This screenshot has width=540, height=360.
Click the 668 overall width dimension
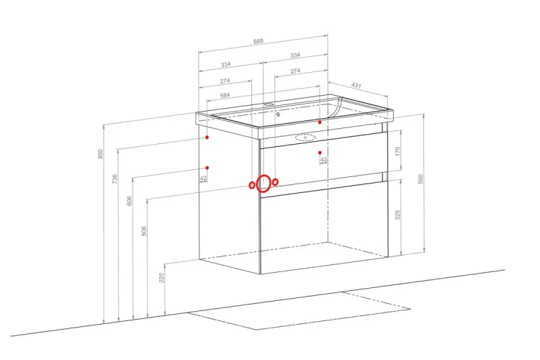[x=258, y=41]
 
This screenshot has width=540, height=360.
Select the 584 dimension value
[x=225, y=95]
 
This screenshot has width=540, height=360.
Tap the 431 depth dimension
[x=356, y=85]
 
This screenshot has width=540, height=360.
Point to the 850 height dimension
[x=101, y=153]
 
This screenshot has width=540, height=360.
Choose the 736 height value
[x=115, y=179]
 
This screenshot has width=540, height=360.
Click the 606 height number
[x=130, y=201]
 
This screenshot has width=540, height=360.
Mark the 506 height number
[x=144, y=231]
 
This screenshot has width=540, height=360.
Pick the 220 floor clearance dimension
[x=162, y=278]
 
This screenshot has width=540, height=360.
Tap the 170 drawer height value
[x=397, y=151]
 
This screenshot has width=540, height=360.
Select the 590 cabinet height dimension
[x=420, y=179]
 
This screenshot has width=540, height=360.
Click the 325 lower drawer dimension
[x=397, y=215]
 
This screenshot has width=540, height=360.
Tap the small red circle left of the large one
[x=252, y=185]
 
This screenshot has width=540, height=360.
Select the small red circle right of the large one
[x=275, y=182]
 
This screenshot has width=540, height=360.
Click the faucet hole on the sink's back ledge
[x=269, y=104]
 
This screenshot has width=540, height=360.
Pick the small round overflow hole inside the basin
[x=278, y=114]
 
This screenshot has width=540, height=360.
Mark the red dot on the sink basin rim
[x=320, y=122]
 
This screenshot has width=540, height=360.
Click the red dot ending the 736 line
[x=207, y=137]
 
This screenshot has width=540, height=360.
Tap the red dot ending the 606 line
[x=207, y=168]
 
